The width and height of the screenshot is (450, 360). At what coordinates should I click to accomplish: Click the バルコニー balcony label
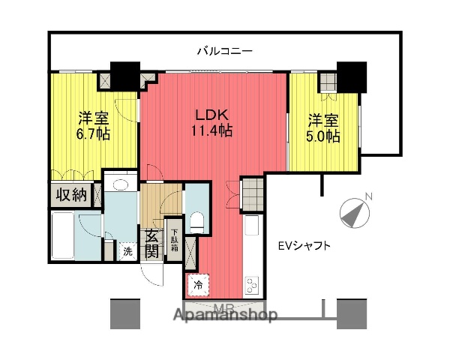(224, 52)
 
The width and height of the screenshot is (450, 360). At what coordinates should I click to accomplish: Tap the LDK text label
(212, 115)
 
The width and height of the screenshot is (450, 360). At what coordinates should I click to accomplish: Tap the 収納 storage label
(70, 196)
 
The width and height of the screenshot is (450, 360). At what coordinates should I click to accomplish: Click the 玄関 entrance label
(151, 242)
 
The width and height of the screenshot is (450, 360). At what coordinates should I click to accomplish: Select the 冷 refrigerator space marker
(199, 284)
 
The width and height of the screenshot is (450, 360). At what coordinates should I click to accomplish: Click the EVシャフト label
(304, 245)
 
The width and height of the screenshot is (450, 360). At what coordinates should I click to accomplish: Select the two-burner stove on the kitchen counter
(251, 285)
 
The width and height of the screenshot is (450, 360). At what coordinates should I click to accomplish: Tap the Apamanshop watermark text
(224, 314)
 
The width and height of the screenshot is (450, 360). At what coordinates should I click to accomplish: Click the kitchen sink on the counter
(252, 226)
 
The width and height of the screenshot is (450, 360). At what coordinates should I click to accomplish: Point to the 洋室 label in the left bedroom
(94, 118)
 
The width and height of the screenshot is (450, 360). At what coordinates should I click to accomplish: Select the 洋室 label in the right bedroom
(323, 120)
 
